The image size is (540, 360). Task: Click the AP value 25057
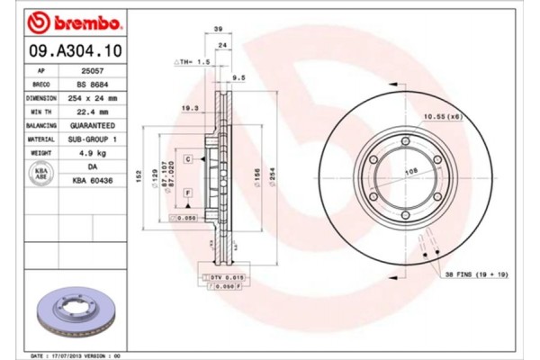point(93,70)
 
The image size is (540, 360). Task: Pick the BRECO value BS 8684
point(93,84)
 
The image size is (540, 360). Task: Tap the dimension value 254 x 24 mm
point(93,97)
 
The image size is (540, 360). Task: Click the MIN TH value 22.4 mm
point(93,112)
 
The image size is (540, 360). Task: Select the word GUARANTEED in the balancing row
point(93,126)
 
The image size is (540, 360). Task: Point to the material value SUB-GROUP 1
point(93,139)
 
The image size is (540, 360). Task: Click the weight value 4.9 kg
point(93,154)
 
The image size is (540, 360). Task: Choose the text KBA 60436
point(93,181)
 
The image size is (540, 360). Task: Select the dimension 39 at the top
point(220,31)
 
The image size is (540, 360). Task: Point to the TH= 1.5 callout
point(190,61)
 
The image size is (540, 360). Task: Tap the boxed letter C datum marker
point(189,158)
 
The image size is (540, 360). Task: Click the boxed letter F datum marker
point(187,193)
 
